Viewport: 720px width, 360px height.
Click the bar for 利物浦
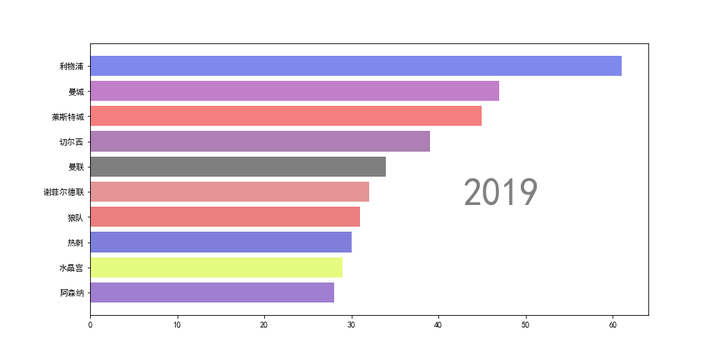(x=355, y=66)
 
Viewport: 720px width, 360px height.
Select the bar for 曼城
(x=294, y=91)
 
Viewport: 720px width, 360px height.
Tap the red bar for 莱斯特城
(x=285, y=116)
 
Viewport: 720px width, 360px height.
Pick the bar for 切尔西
(x=260, y=141)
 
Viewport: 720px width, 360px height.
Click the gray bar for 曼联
(x=238, y=167)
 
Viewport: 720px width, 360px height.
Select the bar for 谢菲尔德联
(x=229, y=192)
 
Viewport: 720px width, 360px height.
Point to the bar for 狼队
(x=225, y=217)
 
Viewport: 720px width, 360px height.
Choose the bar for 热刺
(x=221, y=242)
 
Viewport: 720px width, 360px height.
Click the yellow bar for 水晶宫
(x=216, y=267)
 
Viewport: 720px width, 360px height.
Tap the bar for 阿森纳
(x=212, y=293)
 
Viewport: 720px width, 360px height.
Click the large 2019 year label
(x=501, y=192)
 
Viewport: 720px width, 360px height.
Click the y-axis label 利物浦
(x=71, y=66)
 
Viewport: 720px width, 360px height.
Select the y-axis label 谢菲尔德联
(x=63, y=192)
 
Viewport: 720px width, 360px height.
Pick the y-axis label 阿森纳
(x=71, y=293)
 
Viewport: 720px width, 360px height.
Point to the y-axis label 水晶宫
(x=71, y=267)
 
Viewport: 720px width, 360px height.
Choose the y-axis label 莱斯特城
(x=67, y=116)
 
